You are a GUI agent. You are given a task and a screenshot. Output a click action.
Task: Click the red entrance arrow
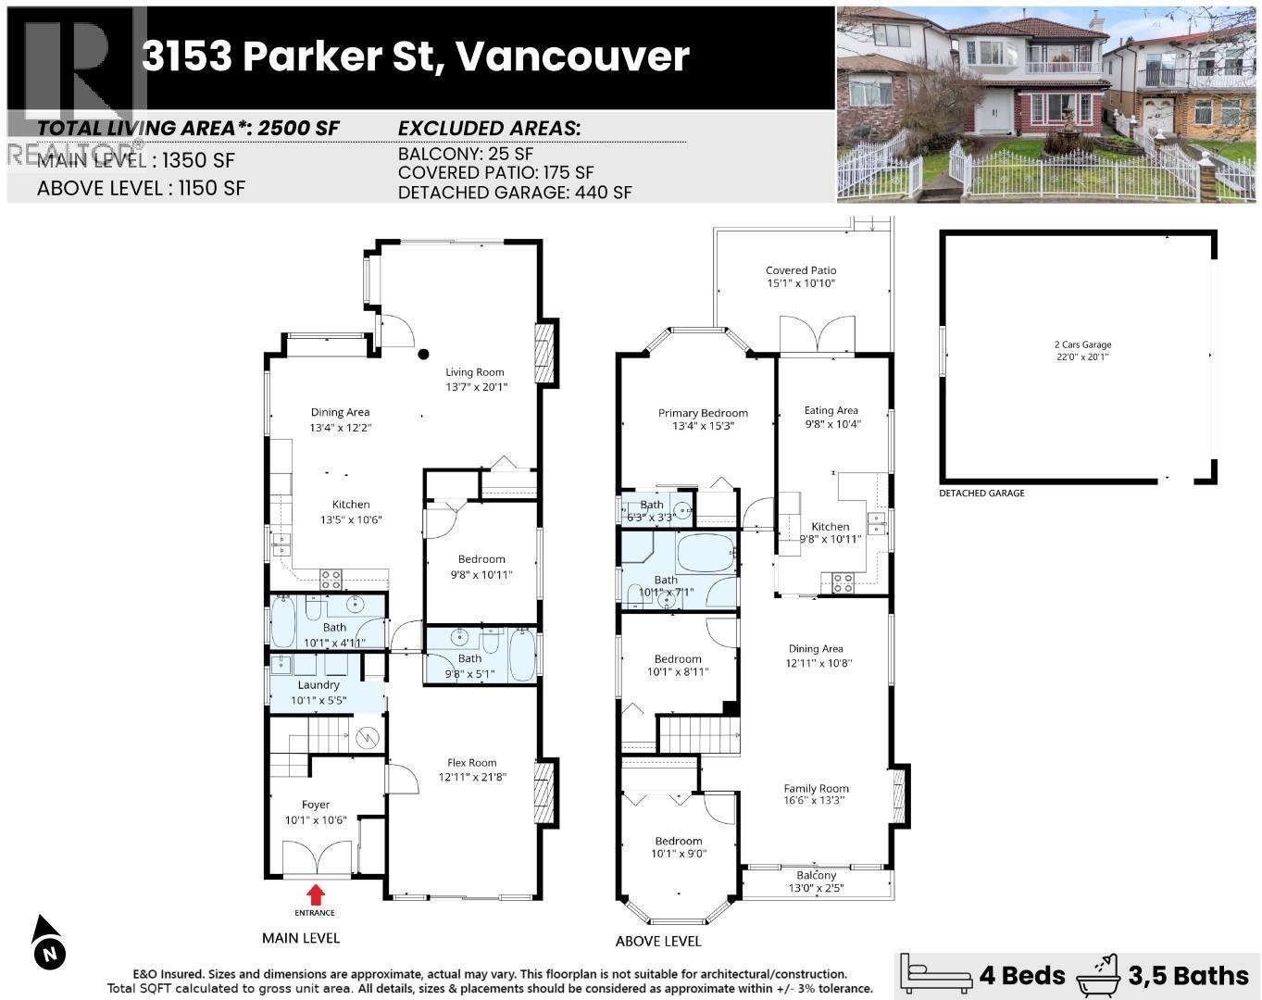316,894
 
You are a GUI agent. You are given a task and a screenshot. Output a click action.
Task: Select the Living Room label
475,372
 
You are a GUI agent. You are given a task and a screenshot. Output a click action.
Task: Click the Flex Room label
472,763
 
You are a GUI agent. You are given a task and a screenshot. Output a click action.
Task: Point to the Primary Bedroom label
703,413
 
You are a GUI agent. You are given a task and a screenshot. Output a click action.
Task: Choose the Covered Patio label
800,270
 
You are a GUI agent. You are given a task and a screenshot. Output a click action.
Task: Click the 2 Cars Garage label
1082,344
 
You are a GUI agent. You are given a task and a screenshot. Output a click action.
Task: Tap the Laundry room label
319,685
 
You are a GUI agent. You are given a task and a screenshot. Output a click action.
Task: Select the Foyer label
315,805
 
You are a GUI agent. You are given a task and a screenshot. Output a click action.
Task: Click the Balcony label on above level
816,875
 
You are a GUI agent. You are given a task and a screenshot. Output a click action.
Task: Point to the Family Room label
815,789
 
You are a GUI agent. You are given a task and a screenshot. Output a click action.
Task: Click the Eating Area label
831,410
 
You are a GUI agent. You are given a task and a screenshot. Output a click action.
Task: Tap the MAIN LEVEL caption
301,938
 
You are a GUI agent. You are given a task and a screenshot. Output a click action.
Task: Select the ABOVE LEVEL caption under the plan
658,941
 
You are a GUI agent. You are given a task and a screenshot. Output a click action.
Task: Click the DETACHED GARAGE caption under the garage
981,494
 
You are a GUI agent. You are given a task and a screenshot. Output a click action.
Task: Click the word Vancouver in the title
572,56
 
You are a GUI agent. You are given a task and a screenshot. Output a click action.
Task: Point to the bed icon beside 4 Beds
936,974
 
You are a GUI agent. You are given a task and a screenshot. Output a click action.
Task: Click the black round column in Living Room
423,353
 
